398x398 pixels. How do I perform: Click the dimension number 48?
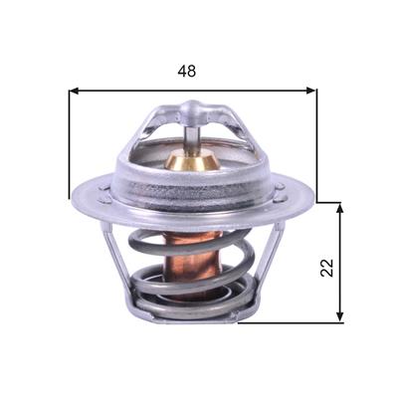coord(187,71)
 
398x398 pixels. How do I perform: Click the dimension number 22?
coord(327,268)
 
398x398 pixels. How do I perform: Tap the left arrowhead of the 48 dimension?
coord(74,91)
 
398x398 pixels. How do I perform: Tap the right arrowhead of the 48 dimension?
coord(311,91)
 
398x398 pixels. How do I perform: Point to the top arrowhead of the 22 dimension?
coord(339,208)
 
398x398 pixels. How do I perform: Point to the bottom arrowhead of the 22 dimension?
coord(339,316)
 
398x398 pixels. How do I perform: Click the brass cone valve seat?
coord(192,160)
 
